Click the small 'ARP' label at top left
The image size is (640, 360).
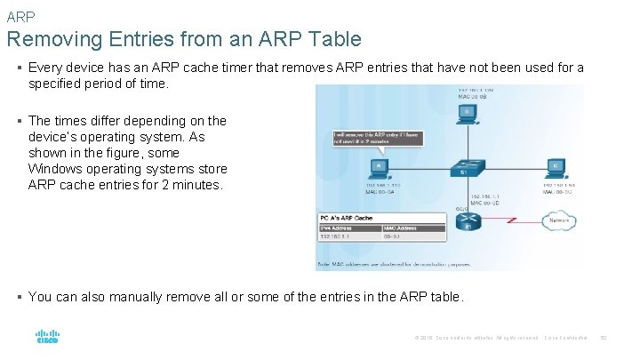(20, 16)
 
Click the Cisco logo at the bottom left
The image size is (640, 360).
(47, 338)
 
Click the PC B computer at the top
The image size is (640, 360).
(468, 113)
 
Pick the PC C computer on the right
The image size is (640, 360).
(556, 167)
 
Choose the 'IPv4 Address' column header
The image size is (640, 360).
(338, 228)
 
